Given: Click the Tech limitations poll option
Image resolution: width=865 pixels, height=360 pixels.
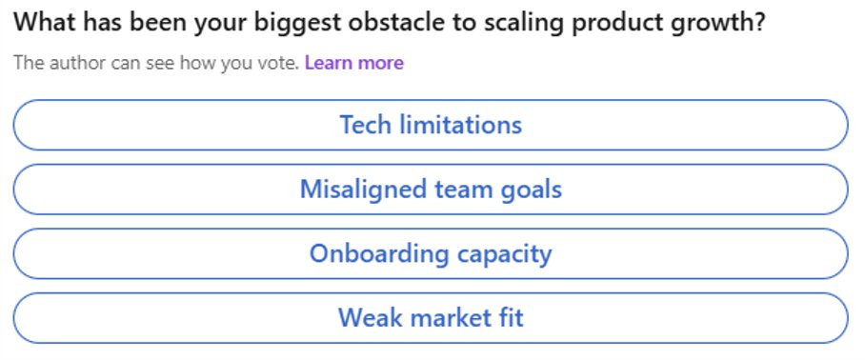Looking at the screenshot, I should [431, 125].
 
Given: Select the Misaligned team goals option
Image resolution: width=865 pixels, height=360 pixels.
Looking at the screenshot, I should [431, 190].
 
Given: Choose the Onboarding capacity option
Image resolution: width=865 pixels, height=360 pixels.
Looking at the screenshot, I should [431, 253].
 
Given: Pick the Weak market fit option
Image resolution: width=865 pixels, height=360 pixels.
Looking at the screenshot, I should [431, 317].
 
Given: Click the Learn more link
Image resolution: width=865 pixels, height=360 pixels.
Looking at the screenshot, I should [353, 63].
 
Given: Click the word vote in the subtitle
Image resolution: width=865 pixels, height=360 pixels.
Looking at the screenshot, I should [279, 63].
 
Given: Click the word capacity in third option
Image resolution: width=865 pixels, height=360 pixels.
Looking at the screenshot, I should [504, 253].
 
